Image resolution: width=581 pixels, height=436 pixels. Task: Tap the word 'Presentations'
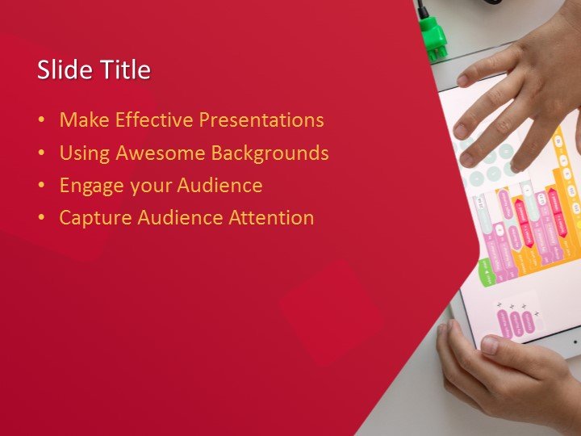pyautogui.click(x=261, y=120)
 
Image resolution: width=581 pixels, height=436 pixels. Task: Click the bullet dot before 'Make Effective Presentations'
pyautogui.click(x=41, y=121)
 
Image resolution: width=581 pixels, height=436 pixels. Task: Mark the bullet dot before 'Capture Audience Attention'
pyautogui.click(x=41, y=218)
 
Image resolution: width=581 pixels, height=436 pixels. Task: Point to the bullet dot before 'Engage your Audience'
pyautogui.click(x=41, y=186)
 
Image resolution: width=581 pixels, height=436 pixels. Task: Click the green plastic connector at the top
pyautogui.click(x=433, y=36)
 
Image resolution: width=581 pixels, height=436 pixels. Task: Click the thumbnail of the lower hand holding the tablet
pyautogui.click(x=490, y=346)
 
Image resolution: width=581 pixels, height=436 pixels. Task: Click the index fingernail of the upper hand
pyautogui.click(x=462, y=79)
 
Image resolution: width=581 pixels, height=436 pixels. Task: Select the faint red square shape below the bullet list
pyautogui.click(x=331, y=311)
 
